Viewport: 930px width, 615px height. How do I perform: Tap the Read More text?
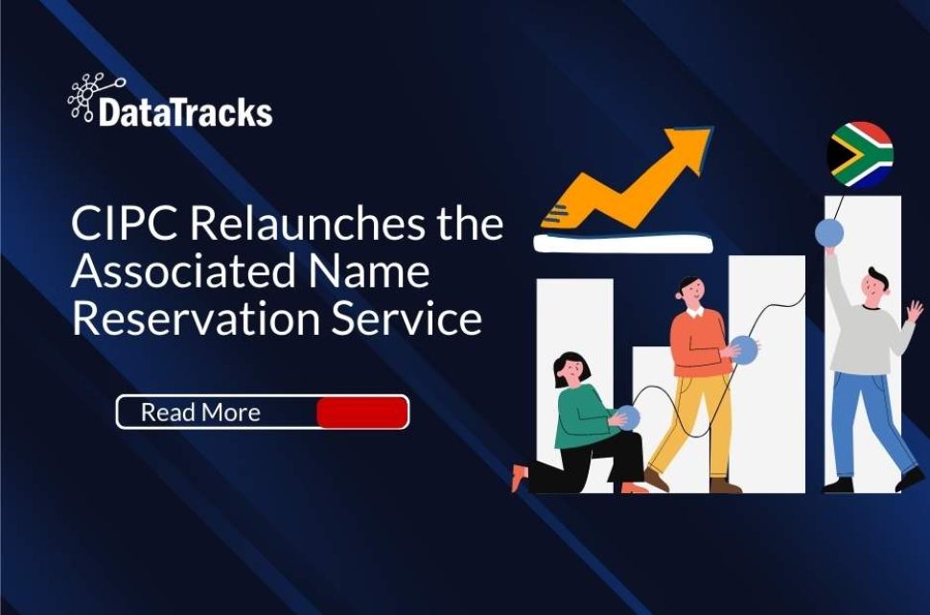[x=200, y=413]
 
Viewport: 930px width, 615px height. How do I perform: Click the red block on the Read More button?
[x=361, y=413]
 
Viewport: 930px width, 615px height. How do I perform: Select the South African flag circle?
[x=860, y=154]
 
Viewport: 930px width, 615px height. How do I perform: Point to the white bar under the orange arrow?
[x=622, y=244]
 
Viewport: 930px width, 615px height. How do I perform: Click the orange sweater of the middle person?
[x=694, y=343]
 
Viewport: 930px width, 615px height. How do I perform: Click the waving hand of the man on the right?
[x=914, y=311]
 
